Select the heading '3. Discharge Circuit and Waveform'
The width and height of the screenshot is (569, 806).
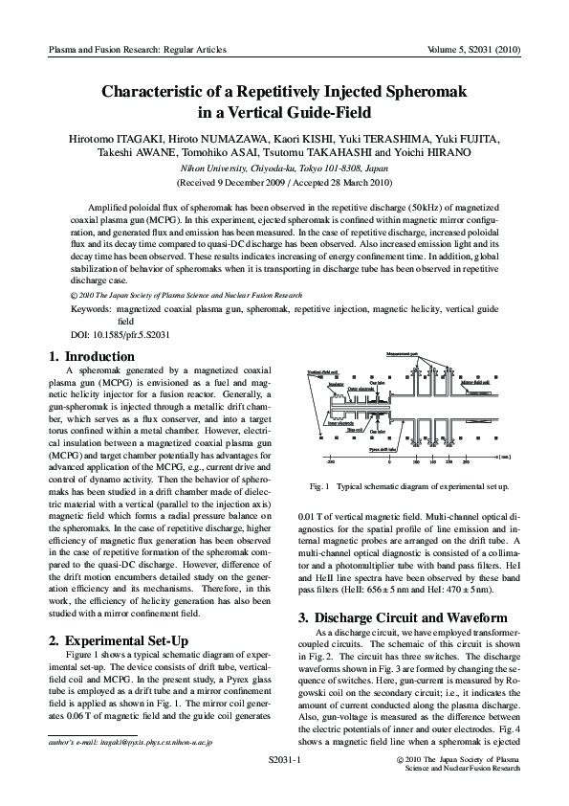[x=406, y=591]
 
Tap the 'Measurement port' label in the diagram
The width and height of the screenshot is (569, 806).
[x=402, y=354]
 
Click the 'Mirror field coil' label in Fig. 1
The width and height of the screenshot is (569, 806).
[x=478, y=382]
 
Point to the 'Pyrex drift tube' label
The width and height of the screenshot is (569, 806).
[x=382, y=449]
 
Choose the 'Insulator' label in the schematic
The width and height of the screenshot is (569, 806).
[x=336, y=383]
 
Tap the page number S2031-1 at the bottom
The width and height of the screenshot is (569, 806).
[x=284, y=758]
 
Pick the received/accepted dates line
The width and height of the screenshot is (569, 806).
[x=284, y=181]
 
